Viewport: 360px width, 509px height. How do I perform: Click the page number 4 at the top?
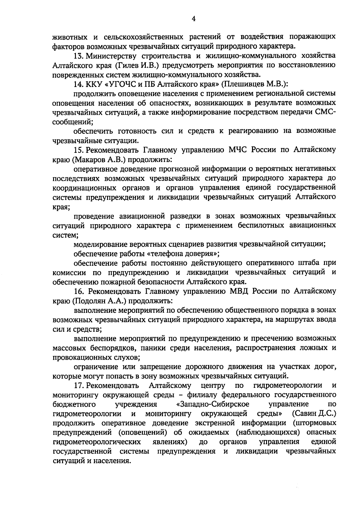[193, 19]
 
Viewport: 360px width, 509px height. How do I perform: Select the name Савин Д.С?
[314, 414]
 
